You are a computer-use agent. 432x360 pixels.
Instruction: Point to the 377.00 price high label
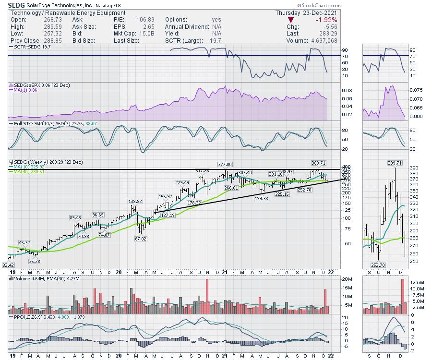225,164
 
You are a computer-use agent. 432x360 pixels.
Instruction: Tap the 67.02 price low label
140,239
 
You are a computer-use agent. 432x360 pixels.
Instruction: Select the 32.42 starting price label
8,264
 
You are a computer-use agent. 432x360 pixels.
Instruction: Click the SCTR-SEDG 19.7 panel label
32,47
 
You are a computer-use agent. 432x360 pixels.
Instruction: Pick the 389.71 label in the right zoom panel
395,163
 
